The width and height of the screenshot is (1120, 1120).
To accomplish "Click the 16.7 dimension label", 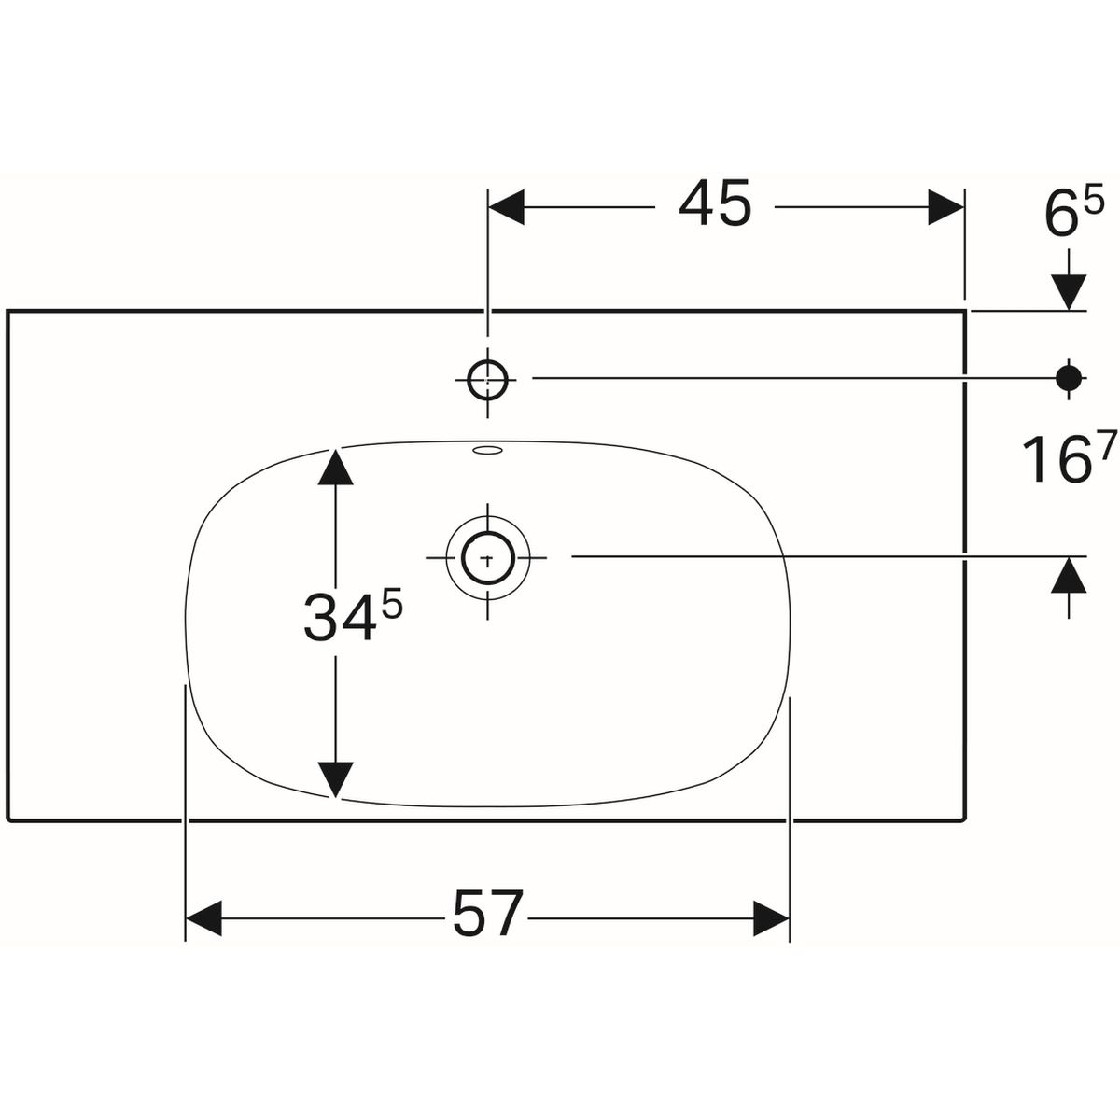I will point(1059,459).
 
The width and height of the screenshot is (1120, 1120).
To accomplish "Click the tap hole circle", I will point(486,378).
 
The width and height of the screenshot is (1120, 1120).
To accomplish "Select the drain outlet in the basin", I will point(486,557).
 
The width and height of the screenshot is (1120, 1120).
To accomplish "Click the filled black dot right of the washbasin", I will point(1068,377).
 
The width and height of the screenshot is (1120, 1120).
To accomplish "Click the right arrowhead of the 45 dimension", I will point(945,206).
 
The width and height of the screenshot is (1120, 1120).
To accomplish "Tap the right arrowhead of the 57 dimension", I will point(771,918).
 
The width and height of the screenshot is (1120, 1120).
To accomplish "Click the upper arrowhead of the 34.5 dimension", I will point(335,467).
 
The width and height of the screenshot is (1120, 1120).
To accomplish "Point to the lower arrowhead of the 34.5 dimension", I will point(335,780).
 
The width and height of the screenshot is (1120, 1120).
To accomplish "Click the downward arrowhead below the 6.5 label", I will point(1069,292).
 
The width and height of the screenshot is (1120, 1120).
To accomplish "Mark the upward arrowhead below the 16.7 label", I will point(1069,577).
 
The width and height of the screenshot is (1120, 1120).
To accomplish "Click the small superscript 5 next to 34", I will point(391,607).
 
